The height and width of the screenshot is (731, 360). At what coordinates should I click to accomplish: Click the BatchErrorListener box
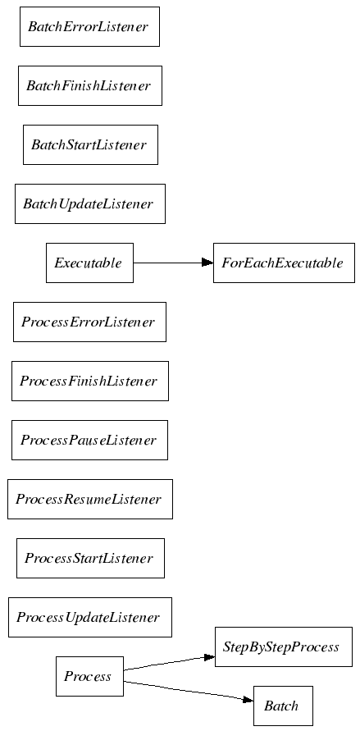[x=89, y=26]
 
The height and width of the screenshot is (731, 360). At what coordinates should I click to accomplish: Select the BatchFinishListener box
[x=90, y=86]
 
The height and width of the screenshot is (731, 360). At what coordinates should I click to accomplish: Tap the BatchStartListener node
[x=90, y=144]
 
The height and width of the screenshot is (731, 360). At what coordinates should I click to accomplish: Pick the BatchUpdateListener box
[x=90, y=203]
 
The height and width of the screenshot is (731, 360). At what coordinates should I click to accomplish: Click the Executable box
[x=89, y=263]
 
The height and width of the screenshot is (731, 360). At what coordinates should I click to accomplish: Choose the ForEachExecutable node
[x=284, y=263]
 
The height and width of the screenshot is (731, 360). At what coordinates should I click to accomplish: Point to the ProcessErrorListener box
[x=89, y=322]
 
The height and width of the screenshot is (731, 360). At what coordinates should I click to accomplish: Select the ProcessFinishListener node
[x=90, y=381]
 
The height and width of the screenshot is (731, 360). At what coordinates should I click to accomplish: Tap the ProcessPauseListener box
[x=89, y=440]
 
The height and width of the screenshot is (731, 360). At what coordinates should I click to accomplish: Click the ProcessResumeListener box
[x=90, y=499]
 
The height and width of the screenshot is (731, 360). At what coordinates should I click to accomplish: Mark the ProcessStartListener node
[x=90, y=558]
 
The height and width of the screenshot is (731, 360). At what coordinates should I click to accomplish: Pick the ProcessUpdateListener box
[x=90, y=617]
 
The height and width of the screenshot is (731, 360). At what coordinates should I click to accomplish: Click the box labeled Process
[x=89, y=677]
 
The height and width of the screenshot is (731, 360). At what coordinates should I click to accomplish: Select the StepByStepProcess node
[x=283, y=647]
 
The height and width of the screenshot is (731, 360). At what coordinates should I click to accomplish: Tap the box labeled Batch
[x=283, y=706]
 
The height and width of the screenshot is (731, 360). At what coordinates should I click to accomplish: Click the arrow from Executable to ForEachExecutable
[x=173, y=263]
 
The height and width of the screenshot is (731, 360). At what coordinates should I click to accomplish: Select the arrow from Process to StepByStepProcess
[x=169, y=664]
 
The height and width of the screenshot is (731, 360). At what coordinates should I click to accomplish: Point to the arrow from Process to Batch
[x=189, y=692]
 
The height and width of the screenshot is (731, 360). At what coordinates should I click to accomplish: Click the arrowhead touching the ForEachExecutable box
[x=207, y=263]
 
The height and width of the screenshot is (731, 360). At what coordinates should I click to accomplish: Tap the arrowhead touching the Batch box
[x=248, y=700]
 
